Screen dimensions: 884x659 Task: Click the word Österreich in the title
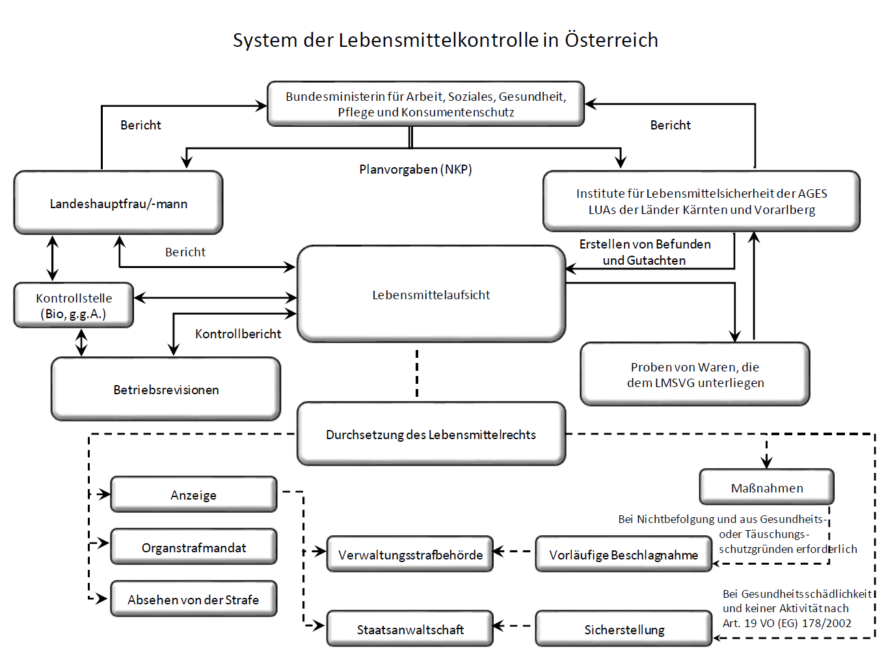coord(611,40)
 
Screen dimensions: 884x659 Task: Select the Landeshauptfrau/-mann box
coord(118,202)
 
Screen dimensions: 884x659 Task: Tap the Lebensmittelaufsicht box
coord(431,294)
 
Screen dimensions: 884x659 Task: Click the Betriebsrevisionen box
coord(166,389)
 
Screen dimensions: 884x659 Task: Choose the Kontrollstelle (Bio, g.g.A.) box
coord(74,305)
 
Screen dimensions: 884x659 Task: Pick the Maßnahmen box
coord(767,487)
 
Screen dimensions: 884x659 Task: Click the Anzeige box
coord(194,494)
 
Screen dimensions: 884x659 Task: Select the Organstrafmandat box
coord(194,546)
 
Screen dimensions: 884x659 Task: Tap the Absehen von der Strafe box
coord(194,598)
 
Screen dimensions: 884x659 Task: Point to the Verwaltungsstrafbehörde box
coord(410,554)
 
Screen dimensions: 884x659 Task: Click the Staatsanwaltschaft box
coord(410,629)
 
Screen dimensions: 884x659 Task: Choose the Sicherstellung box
coord(624,629)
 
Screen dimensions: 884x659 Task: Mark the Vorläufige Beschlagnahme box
coord(624,554)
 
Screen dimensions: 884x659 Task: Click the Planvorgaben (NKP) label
coord(415,169)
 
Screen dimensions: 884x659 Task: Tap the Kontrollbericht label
coord(238,334)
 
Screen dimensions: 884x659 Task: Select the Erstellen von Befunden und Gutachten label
coord(645,252)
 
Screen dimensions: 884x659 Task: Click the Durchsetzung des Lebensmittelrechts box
coord(431,434)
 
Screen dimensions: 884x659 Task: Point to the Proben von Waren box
coord(695,374)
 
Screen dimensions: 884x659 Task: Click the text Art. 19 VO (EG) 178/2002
coord(787,623)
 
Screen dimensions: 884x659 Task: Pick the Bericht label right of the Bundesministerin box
coord(671,126)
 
